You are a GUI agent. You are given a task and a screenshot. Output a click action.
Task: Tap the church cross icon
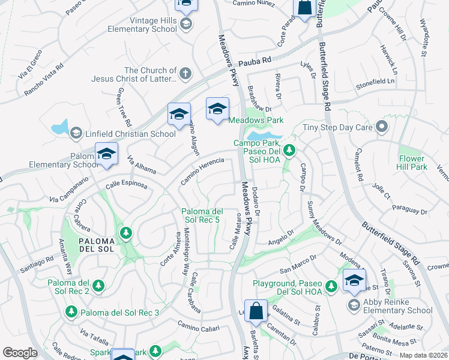tap(185, 74)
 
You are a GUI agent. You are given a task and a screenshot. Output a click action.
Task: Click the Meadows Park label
tap(256, 120)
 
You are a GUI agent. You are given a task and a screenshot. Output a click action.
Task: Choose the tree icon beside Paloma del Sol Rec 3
tap(71, 312)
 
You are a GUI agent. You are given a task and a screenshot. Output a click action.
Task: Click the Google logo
tap(20, 352)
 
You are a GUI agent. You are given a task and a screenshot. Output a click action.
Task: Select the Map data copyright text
tap(423, 355)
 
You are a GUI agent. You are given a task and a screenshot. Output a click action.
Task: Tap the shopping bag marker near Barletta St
tap(256, 311)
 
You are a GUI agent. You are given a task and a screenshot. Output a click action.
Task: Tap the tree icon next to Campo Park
tap(290, 149)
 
